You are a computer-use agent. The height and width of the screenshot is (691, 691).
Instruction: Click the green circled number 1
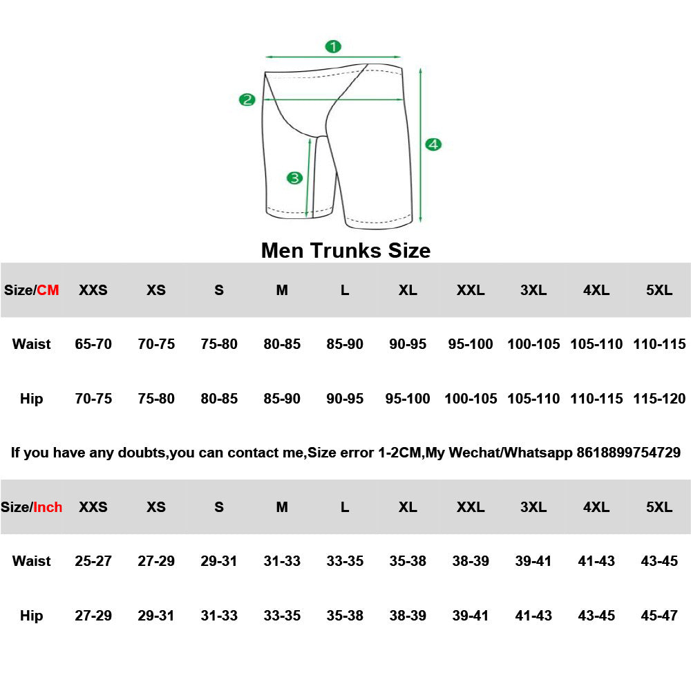point(333,46)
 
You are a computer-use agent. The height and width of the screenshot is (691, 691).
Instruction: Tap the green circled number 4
point(433,144)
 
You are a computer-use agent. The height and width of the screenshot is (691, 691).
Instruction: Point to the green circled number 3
point(295,178)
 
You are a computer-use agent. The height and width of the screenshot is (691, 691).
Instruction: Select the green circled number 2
point(247,100)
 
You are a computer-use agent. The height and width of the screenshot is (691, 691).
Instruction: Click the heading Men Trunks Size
point(345,250)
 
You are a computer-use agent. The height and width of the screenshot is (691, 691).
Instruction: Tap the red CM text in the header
point(48,290)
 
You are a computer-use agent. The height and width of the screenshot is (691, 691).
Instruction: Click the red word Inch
point(48,507)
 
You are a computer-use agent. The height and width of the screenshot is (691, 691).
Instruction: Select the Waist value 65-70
point(93,344)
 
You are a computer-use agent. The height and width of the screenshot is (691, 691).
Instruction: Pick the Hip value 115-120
point(659,399)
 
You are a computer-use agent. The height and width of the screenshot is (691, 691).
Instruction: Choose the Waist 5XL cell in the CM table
point(659,344)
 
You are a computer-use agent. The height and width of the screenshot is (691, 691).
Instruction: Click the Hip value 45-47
point(659,616)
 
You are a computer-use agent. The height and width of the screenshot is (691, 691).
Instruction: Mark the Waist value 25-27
point(93,561)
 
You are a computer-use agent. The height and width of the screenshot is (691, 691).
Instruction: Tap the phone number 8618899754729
point(628,453)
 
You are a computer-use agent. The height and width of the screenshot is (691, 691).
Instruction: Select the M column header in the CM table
point(282,290)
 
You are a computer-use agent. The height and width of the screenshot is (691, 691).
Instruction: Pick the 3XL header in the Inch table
point(533,507)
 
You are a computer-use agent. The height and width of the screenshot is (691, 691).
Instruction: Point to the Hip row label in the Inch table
point(32,616)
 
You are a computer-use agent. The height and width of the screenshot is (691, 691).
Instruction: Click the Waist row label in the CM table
point(32,344)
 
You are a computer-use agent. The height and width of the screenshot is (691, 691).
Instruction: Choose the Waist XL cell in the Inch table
point(408,561)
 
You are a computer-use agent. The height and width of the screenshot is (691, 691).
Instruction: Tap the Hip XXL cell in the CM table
point(471,399)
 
